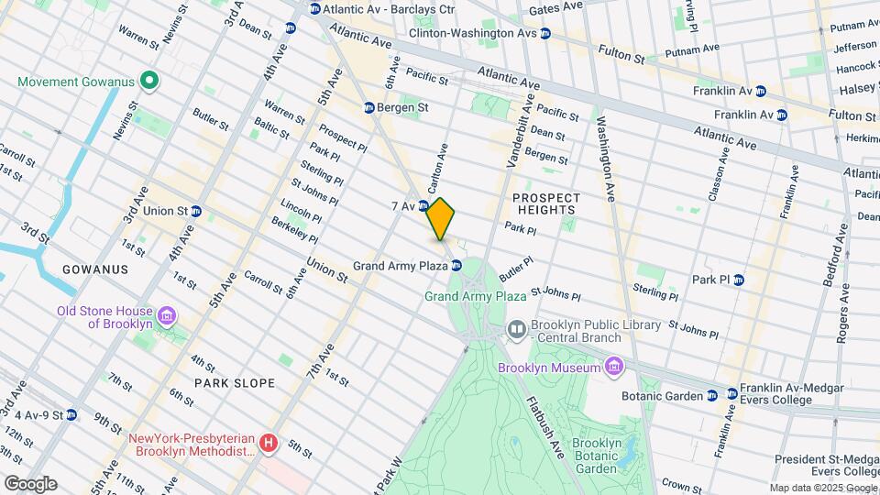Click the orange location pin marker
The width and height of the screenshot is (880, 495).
[x=440, y=219]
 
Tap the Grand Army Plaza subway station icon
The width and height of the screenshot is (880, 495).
[x=456, y=266]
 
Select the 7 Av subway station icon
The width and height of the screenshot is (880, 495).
[x=424, y=205]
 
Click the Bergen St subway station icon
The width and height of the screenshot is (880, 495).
[x=368, y=107]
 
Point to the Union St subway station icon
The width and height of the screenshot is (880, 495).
[x=196, y=211]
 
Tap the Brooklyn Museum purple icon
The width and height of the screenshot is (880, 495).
[x=612, y=368]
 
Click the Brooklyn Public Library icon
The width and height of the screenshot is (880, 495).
[x=516, y=328]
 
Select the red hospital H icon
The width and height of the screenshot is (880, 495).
[x=268, y=444]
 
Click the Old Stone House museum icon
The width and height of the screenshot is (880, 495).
[x=167, y=317]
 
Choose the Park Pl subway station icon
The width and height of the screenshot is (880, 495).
[x=738, y=280]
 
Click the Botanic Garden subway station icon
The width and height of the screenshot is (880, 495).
[x=711, y=395]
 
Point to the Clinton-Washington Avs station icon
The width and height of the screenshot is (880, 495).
[x=544, y=33]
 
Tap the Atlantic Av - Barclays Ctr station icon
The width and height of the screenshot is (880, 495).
[x=314, y=9]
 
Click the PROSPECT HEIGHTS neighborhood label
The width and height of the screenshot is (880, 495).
[x=546, y=203]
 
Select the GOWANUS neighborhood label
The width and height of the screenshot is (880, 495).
[x=94, y=269]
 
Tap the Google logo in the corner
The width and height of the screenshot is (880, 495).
[x=29, y=483]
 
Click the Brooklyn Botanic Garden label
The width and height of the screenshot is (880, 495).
[x=598, y=456]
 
